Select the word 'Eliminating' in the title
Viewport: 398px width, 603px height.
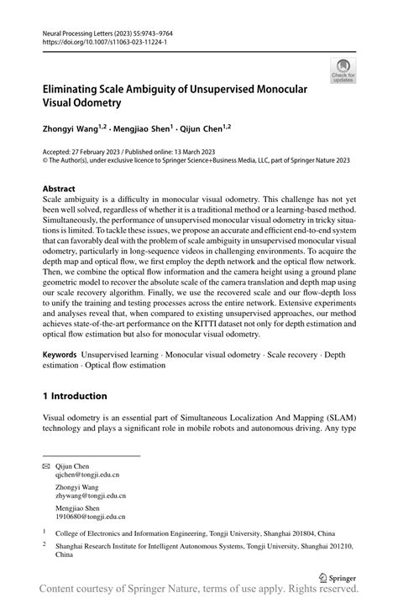[77, 88]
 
